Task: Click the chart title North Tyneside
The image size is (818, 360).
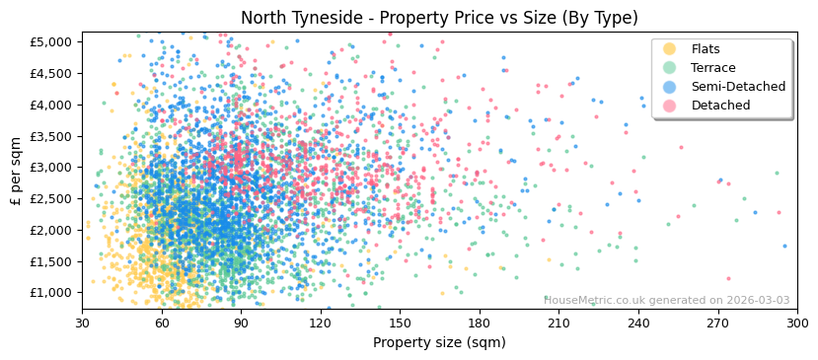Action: coord(439,18)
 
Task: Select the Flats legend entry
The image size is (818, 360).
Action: coord(706,49)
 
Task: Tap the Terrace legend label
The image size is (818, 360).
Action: coord(713,68)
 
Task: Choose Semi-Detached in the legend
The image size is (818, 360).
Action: coord(738,87)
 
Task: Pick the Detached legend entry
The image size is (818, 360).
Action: coord(720,106)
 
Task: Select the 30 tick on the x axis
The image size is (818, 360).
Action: coord(82,323)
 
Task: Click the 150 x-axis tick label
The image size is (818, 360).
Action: coord(400,323)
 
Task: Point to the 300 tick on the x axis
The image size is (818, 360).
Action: coord(797,323)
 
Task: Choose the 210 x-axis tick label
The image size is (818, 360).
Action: coord(558,323)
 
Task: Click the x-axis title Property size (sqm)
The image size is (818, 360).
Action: coord(439,342)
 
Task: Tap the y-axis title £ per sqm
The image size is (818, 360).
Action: coord(16,171)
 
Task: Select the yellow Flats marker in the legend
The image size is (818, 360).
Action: coord(670,49)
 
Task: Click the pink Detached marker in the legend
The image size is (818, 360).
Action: coord(670,106)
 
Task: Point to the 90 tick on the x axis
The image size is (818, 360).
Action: coord(241,323)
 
